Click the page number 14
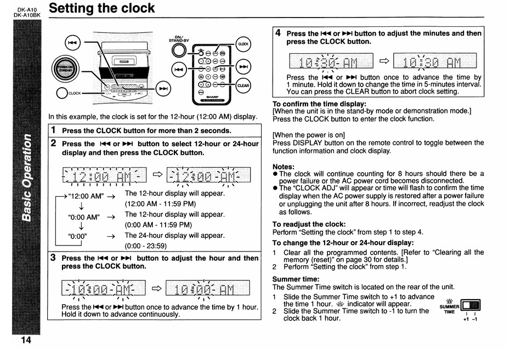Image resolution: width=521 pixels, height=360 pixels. [26, 340]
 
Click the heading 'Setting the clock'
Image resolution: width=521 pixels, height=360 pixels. [101, 9]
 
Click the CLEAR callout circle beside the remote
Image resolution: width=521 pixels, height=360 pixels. [243, 85]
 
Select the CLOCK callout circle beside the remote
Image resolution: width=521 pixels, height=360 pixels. [243, 44]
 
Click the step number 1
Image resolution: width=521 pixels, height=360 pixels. [53, 130]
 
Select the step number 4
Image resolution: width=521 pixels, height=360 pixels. [278, 33]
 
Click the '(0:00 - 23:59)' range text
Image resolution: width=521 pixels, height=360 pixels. [145, 245]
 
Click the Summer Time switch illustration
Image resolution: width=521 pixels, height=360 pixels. [471, 305]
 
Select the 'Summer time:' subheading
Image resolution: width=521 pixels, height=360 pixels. [296, 279]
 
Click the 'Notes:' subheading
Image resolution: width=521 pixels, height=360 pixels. [284, 167]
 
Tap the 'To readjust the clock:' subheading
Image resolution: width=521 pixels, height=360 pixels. [309, 224]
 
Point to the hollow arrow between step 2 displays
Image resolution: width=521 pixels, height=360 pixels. [157, 174]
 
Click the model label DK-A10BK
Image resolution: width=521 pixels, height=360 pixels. [27, 15]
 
